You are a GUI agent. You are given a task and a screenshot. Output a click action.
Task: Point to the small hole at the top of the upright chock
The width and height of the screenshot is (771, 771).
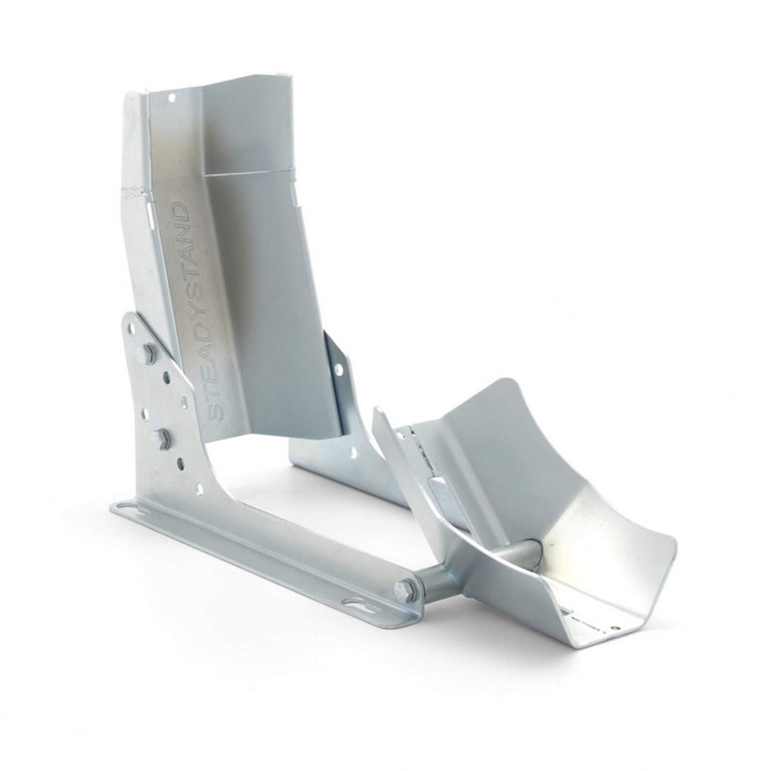click(x=171, y=98)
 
